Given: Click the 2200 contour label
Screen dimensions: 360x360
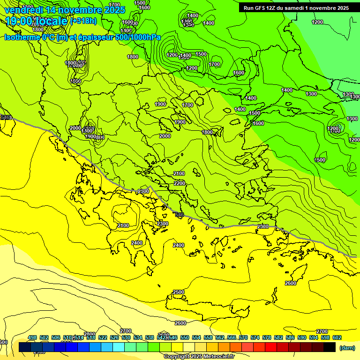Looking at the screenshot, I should pos(180,183).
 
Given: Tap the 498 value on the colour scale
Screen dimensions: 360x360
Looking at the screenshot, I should pos(32,337).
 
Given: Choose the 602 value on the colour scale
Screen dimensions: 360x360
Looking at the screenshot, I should pos(337,337).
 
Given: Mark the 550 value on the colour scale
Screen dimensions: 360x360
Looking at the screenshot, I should pos(184,337).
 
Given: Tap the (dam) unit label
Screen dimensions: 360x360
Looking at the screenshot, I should pos(347,347).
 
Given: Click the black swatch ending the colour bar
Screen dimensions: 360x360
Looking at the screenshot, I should pos(330,347).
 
